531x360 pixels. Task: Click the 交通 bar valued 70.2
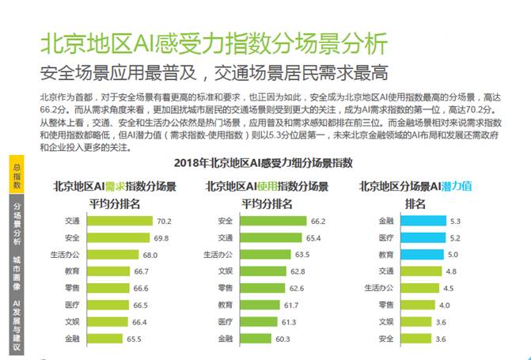119,221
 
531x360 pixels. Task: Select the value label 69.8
161,237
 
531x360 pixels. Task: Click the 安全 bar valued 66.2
271,221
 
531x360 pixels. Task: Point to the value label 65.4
314,237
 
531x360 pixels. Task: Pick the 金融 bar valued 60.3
255,339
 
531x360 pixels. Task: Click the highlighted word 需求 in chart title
116,187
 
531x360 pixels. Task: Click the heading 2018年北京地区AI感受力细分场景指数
267,164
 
